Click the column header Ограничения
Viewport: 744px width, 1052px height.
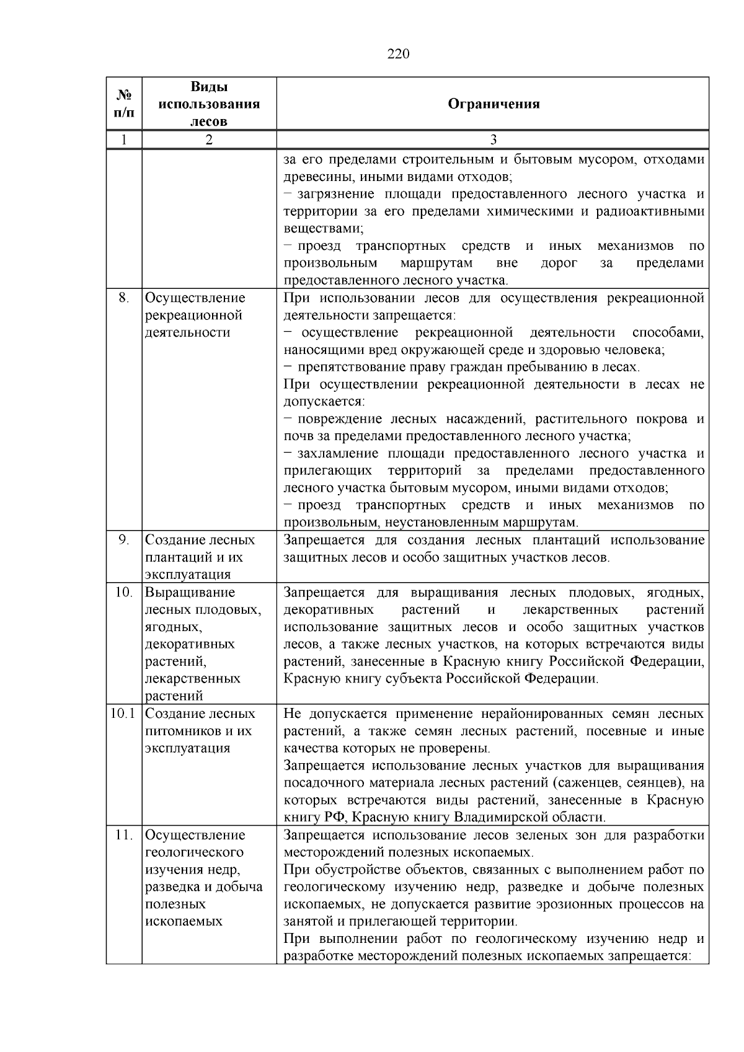tap(493, 104)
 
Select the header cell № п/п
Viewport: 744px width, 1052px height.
tap(124, 104)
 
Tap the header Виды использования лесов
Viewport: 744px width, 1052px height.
tap(209, 104)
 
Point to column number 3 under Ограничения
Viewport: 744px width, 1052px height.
tap(493, 139)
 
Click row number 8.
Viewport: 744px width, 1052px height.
tap(124, 298)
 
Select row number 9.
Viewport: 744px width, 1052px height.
tap(124, 540)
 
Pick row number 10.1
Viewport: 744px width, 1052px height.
tap(123, 714)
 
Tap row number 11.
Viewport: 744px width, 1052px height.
tap(124, 835)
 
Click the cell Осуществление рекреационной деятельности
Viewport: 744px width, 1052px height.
tap(195, 315)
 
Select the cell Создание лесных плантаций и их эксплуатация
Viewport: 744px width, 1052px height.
tap(200, 557)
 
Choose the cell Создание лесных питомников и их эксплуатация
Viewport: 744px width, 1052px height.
tap(200, 730)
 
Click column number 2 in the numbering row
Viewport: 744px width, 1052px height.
tap(209, 139)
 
